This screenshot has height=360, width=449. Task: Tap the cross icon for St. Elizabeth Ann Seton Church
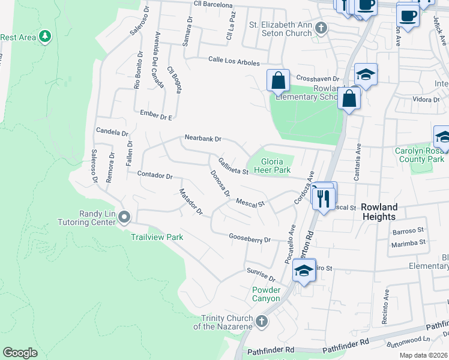(x=322, y=28)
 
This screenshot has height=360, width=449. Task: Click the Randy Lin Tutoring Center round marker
(x=124, y=216)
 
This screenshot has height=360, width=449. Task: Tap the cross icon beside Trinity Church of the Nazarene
(x=261, y=322)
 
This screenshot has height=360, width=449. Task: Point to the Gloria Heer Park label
(x=273, y=166)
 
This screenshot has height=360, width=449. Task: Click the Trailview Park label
(x=157, y=237)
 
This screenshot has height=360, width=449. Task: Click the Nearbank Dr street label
(x=203, y=138)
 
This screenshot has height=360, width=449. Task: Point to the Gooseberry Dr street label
(x=250, y=238)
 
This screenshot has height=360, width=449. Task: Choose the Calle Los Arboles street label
(x=234, y=61)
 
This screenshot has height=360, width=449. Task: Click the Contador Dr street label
(x=155, y=176)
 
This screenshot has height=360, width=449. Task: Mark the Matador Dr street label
(x=191, y=202)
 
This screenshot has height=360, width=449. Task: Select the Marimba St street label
(x=408, y=242)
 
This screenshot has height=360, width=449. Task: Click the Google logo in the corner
(x=20, y=352)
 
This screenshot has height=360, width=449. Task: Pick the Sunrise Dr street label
(x=261, y=275)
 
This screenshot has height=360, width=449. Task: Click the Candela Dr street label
(x=112, y=131)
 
